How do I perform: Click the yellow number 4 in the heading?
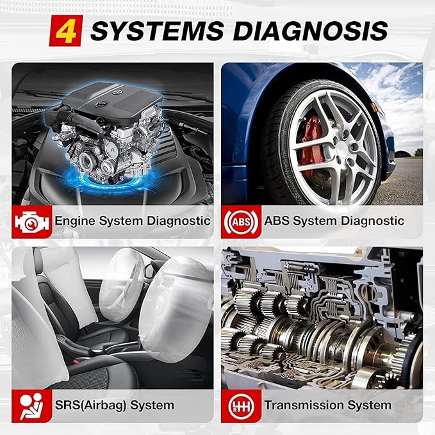coord(66,31)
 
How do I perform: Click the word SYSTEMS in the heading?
coord(157,31)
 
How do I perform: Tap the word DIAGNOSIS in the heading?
coord(311,31)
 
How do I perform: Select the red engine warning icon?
coord(31,222)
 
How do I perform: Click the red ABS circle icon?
coord(241,222)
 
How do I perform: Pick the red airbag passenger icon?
coord(31,406)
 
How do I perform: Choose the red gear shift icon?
coord(241,406)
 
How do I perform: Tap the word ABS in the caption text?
coord(277,221)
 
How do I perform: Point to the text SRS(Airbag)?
coord(91,406)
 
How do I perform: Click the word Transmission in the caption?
coord(304,405)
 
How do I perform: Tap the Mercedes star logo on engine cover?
coord(115,92)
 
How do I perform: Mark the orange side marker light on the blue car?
coord(378,110)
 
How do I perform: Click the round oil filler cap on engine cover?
coord(100,105)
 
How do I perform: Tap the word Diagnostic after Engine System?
coord(179,222)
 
